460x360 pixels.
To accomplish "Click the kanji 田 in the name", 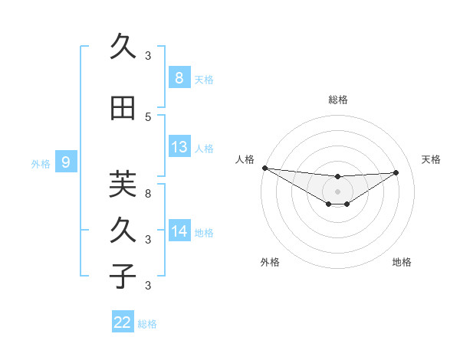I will (x=123, y=109).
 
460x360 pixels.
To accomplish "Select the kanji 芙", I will (x=123, y=185).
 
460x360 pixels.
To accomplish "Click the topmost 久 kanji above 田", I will (x=123, y=47).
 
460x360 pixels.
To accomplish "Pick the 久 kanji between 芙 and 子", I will (x=123, y=231).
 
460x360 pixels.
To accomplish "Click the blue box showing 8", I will (x=179, y=77).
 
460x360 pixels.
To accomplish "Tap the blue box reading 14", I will (x=179, y=231).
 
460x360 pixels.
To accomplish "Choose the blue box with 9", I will (x=66, y=162).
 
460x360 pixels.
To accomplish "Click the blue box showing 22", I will (x=123, y=322).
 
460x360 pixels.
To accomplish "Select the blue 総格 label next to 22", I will (x=147, y=324).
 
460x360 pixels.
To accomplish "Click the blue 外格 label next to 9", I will (x=41, y=163).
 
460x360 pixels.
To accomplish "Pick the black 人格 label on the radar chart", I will (x=245, y=159).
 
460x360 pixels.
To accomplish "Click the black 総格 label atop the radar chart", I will (x=337, y=100).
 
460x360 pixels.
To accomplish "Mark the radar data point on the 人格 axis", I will (x=264, y=167).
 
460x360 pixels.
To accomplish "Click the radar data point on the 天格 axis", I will (x=396, y=172).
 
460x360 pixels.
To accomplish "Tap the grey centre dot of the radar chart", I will (x=337, y=191).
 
